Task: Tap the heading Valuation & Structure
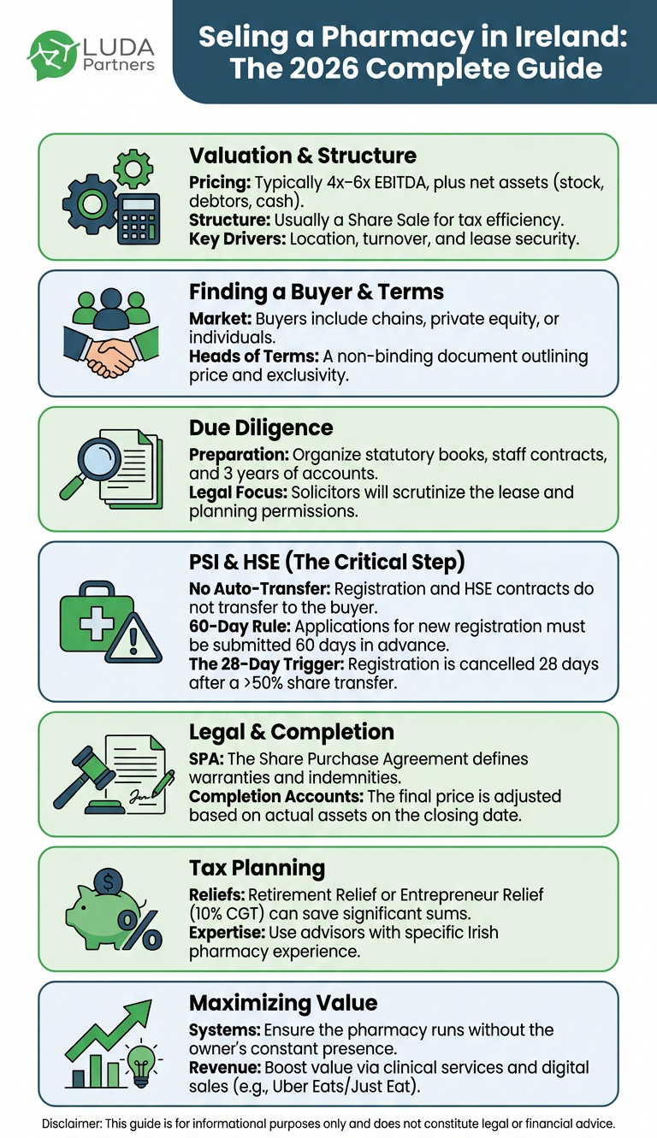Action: (303, 156)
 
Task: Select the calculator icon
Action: (139, 219)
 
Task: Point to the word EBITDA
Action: (401, 182)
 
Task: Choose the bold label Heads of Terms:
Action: (253, 357)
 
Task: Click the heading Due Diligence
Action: (261, 427)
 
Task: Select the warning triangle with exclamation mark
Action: (133, 639)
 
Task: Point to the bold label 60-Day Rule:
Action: (240, 627)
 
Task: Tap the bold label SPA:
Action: (206, 759)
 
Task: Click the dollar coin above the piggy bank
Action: (109, 882)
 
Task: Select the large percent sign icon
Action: (139, 930)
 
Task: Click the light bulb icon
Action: (141, 1065)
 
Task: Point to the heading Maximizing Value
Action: (283, 1004)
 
